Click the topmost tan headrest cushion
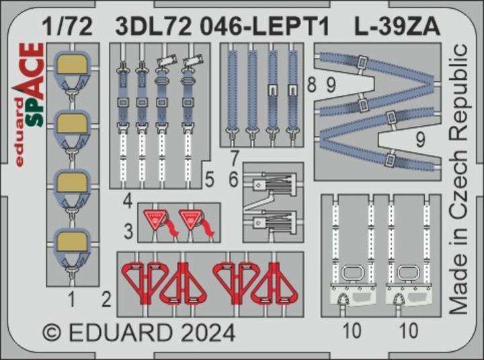pyautogui.click(x=71, y=66)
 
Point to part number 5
pyautogui.click(x=209, y=179)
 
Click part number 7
pyautogui.click(x=233, y=159)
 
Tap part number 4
pyautogui.click(x=126, y=200)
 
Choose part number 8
pyautogui.click(x=311, y=85)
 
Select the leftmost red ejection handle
pyautogui.click(x=141, y=282)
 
